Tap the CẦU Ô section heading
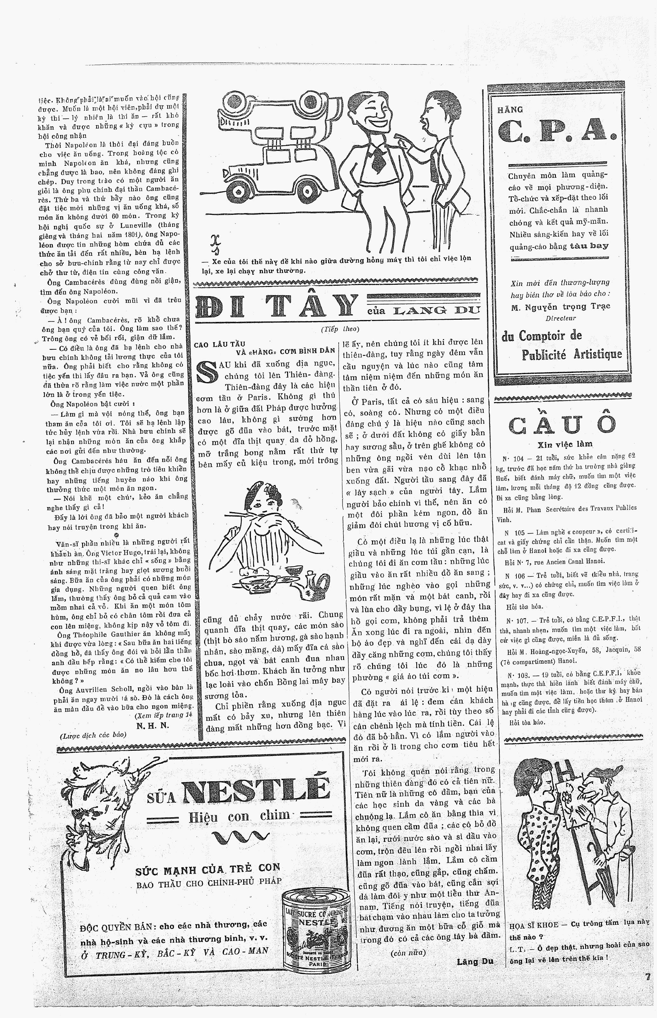point(562,424)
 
